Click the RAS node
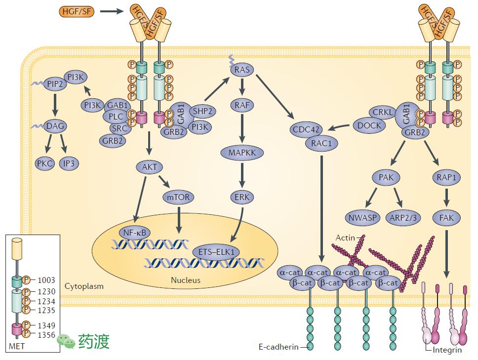(x=242, y=70)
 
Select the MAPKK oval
(x=242, y=153)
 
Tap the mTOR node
(x=178, y=198)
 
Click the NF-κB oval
(x=134, y=232)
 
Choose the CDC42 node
(x=307, y=130)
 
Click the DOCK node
(x=370, y=125)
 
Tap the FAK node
(x=446, y=217)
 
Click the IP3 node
(x=69, y=163)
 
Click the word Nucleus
(x=186, y=280)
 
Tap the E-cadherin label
(x=279, y=347)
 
